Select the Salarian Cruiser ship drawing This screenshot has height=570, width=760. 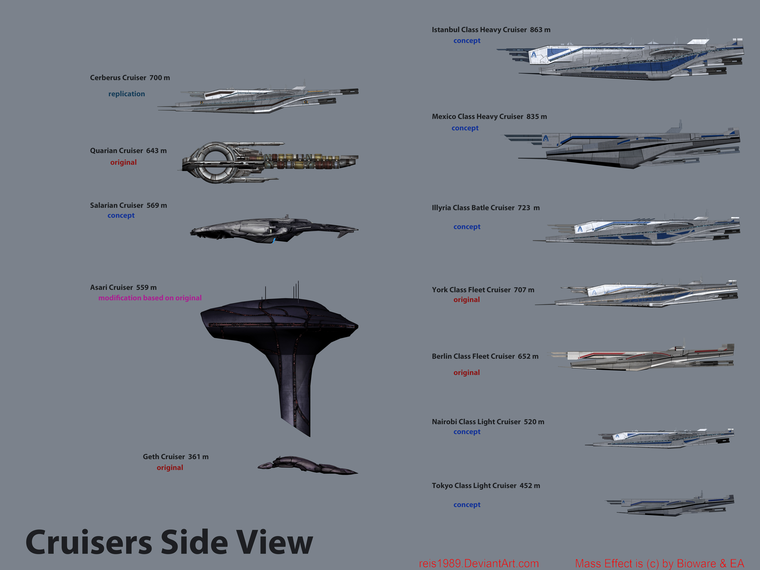274,229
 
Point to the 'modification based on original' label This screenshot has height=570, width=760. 150,298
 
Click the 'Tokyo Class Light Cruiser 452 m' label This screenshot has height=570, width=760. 486,485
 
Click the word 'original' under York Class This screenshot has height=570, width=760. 466,300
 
